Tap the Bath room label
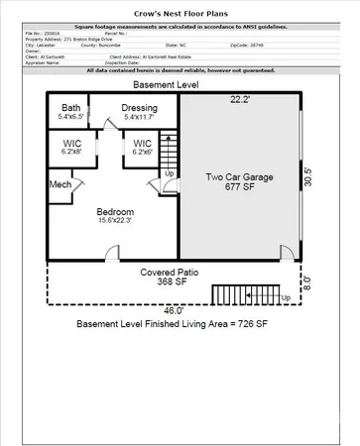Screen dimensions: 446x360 pos(70,108)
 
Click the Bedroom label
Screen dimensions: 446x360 pos(116,213)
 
